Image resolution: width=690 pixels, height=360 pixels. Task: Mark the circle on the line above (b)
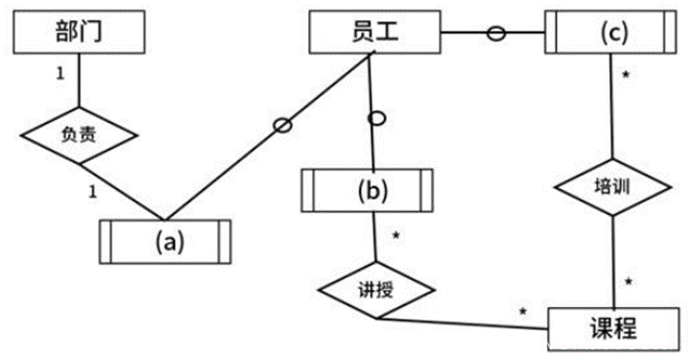[x=377, y=118]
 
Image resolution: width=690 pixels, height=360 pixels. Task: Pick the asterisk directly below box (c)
[x=626, y=75]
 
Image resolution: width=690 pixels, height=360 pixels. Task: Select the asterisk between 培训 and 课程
[x=628, y=282]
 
